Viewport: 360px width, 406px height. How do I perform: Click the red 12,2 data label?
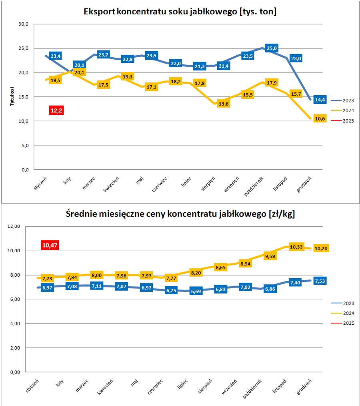pyautogui.click(x=56, y=110)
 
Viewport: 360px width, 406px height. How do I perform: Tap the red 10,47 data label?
pyautogui.click(x=50, y=245)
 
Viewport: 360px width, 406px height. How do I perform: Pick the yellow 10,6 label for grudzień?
pyautogui.click(x=320, y=119)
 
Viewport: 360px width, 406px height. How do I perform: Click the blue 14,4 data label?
pyautogui.click(x=320, y=100)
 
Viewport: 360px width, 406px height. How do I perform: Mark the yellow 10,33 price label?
pyautogui.click(x=296, y=247)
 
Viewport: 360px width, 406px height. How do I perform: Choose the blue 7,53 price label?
pyautogui.click(x=320, y=281)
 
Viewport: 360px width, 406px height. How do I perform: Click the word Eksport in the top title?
pyautogui.click(x=98, y=12)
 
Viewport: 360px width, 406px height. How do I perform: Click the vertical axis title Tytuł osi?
pyautogui.click(x=12, y=96)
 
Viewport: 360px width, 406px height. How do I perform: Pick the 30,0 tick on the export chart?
pyautogui.click(x=24, y=24)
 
